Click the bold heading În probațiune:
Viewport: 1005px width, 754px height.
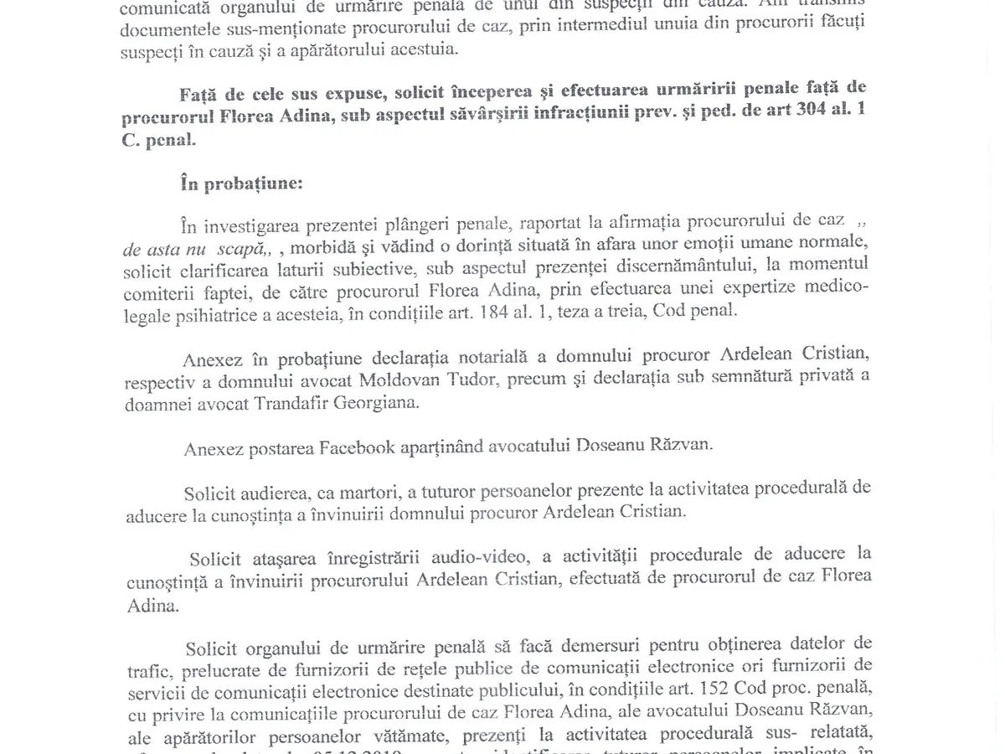click(241, 183)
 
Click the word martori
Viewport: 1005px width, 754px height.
click(372, 491)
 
